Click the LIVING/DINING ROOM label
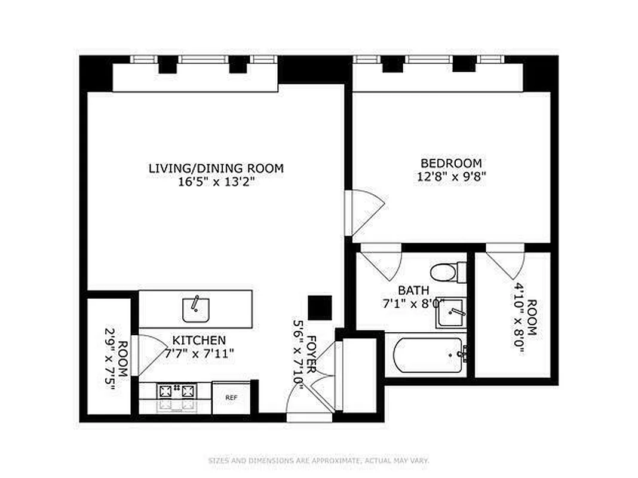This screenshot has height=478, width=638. [x=216, y=168]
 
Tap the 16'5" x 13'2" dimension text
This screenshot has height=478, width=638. [x=216, y=182]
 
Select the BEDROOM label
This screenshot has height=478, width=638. [x=451, y=163]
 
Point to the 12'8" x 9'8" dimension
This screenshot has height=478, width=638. [x=451, y=177]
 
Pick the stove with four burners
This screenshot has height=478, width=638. [x=176, y=392]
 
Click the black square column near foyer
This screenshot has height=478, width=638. [x=320, y=308]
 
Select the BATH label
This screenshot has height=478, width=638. [x=413, y=290]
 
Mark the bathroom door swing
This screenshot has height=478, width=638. [x=381, y=262]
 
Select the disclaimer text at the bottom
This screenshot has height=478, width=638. [x=318, y=461]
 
